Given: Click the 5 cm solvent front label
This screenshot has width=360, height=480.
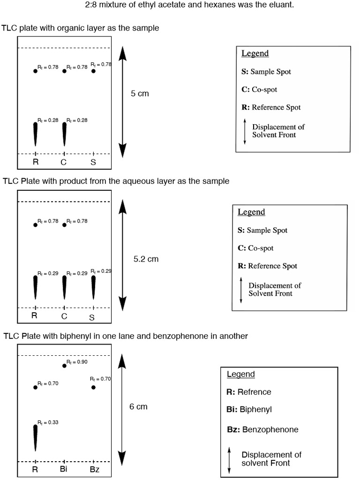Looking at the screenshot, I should click(140, 94).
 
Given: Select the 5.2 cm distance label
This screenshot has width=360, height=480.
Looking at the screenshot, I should click(146, 259).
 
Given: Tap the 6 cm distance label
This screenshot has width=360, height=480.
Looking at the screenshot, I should click(138, 407).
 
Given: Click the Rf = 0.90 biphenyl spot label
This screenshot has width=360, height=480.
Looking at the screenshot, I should click(77, 362).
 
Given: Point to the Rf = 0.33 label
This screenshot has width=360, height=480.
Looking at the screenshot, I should click(48, 422).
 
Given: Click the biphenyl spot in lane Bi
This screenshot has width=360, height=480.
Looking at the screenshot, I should click(64, 366).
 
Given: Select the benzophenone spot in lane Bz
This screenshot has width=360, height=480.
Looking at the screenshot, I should click(93, 387).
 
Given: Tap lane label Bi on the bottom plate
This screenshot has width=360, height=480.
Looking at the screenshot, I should click(64, 469).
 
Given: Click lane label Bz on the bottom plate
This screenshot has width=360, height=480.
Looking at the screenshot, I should click(94, 469).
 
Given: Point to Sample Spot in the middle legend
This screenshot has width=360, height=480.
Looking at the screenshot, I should click(267, 230).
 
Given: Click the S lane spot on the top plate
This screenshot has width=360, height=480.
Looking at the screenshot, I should click(93, 71).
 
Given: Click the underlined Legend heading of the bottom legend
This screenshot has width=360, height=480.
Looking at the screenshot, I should click(240, 374).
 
